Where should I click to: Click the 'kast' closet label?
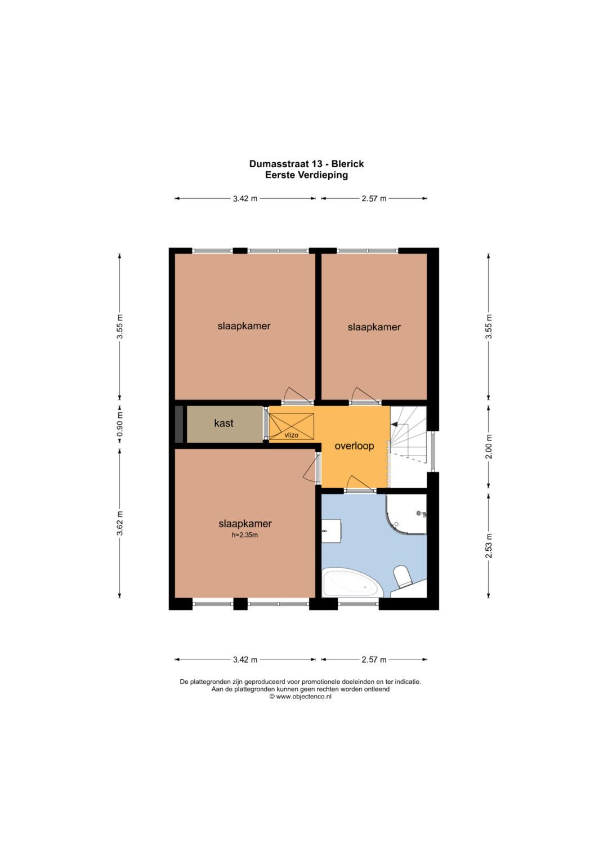223,423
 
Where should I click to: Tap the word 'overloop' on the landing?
354,446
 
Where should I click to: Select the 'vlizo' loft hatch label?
291,435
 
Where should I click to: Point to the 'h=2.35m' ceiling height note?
244,535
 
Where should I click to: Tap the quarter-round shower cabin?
406,514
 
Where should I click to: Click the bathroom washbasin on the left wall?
331,531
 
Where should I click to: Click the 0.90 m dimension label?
120,425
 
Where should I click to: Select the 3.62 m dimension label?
120,524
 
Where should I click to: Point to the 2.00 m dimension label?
488,447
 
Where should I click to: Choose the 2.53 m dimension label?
488,546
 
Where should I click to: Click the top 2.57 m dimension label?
374,198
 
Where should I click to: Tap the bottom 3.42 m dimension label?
245,660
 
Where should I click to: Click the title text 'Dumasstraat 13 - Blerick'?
306,164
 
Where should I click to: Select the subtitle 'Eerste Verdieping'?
306,175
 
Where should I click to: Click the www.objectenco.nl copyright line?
300,697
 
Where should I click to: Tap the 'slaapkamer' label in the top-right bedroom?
374,327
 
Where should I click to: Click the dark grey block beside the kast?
179,424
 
